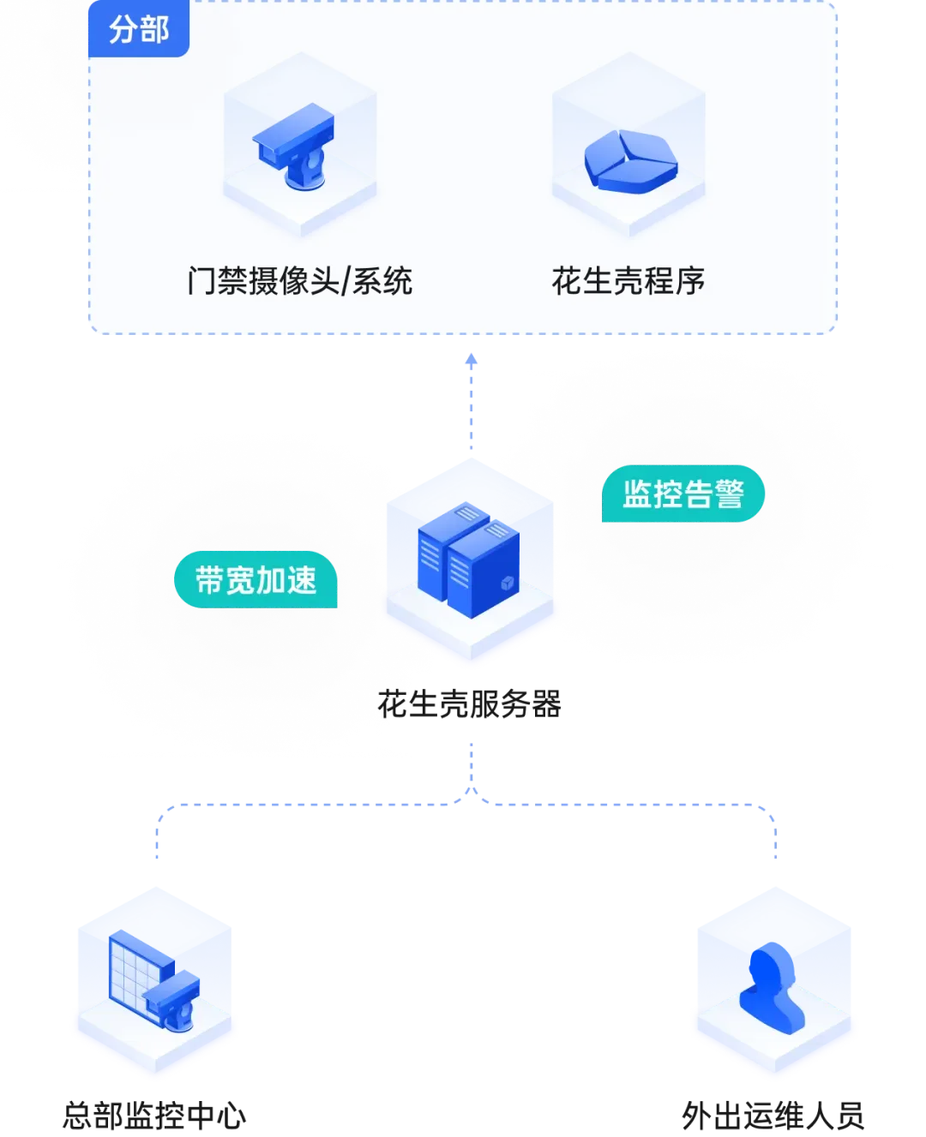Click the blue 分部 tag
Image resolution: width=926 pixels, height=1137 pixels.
point(138,30)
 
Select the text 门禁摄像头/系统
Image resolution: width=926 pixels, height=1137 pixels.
point(299,281)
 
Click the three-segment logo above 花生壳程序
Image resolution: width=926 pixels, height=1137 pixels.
point(630,161)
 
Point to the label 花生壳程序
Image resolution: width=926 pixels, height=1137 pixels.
point(628,281)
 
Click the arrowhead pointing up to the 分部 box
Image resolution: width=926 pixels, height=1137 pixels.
point(470,358)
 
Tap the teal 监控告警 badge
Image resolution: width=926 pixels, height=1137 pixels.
point(682,494)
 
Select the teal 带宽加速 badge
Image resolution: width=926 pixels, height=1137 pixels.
point(256,580)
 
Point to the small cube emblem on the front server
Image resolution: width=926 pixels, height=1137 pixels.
point(506,584)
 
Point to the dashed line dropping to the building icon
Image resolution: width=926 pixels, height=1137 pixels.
point(158,835)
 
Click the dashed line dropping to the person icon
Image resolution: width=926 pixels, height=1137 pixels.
point(775,835)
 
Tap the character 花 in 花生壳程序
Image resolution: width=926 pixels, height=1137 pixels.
point(566,281)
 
